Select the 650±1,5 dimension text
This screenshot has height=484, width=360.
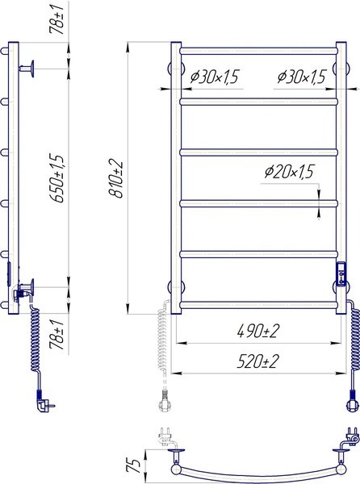point(58,178)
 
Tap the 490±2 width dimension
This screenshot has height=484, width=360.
point(258,332)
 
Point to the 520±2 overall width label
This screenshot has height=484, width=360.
point(258,361)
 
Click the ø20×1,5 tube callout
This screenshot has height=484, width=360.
point(289,172)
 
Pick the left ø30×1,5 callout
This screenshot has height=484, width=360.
point(215,77)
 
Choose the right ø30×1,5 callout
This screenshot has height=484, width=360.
point(301,77)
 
